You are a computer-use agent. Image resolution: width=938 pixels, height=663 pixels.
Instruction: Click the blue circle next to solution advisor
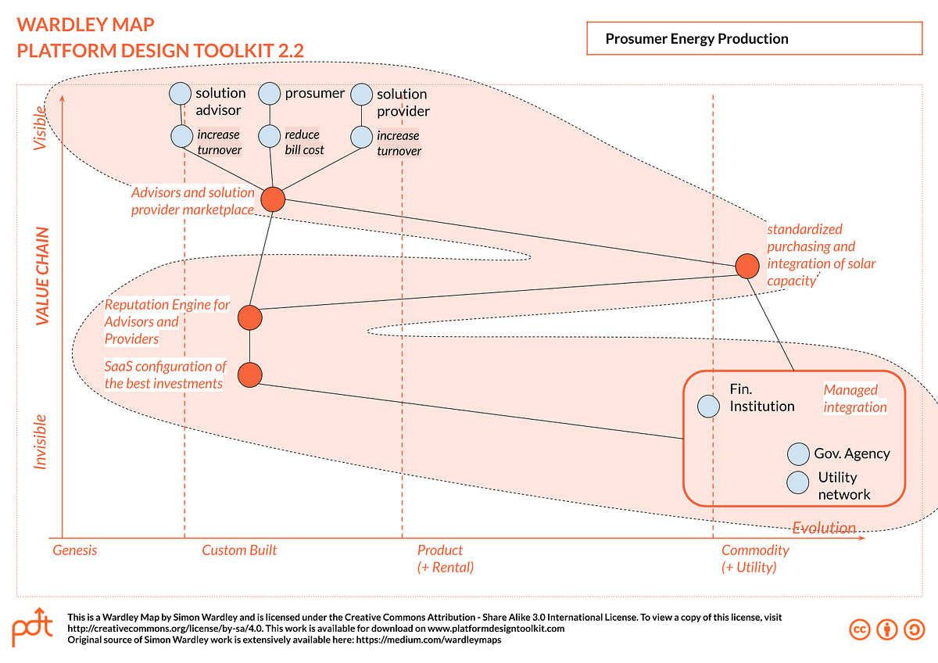[181, 94]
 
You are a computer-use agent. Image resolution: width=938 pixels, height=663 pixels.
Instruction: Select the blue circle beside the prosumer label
[270, 94]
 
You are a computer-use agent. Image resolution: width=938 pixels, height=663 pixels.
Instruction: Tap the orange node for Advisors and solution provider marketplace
[272, 199]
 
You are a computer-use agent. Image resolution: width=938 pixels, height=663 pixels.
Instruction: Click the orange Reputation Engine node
[249, 317]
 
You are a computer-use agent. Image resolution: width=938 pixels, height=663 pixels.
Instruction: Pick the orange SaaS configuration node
[249, 375]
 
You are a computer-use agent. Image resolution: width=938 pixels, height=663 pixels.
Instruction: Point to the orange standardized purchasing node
[747, 266]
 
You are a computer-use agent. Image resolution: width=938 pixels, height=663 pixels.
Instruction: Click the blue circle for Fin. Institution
[708, 406]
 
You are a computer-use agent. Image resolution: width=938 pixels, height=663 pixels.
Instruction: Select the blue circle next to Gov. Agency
[798, 454]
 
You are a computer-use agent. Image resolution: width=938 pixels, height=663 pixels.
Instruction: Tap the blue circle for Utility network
[798, 482]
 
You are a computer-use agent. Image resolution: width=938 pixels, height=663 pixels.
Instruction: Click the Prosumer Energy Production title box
[754, 38]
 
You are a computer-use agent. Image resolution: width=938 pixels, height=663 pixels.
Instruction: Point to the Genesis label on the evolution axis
[75, 550]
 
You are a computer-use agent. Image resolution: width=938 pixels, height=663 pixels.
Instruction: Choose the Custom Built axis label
[239, 550]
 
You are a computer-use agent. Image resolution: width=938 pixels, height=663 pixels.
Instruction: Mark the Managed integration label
[855, 398]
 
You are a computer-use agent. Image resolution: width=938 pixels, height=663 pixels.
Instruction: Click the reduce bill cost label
[304, 142]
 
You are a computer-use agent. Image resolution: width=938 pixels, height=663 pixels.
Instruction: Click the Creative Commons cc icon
[860, 629]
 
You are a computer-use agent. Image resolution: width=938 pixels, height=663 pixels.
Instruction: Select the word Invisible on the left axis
[41, 442]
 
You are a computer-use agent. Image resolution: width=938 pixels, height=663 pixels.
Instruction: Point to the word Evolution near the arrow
[824, 528]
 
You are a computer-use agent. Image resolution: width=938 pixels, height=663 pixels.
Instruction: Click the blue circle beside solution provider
[361, 95]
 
